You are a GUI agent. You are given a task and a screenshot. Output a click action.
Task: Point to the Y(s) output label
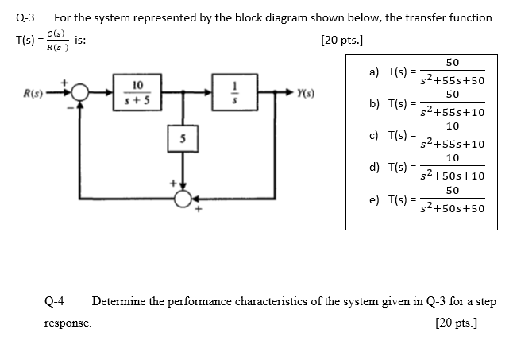tap(306, 93)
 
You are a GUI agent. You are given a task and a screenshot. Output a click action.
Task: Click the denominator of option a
tap(452, 81)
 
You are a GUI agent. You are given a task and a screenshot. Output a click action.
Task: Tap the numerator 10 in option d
tap(452, 159)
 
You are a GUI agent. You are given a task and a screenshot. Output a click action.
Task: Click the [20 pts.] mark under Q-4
tap(466, 323)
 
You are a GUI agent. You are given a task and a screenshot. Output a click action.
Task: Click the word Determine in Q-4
tap(120, 301)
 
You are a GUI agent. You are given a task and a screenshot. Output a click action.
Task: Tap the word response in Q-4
tap(68, 323)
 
